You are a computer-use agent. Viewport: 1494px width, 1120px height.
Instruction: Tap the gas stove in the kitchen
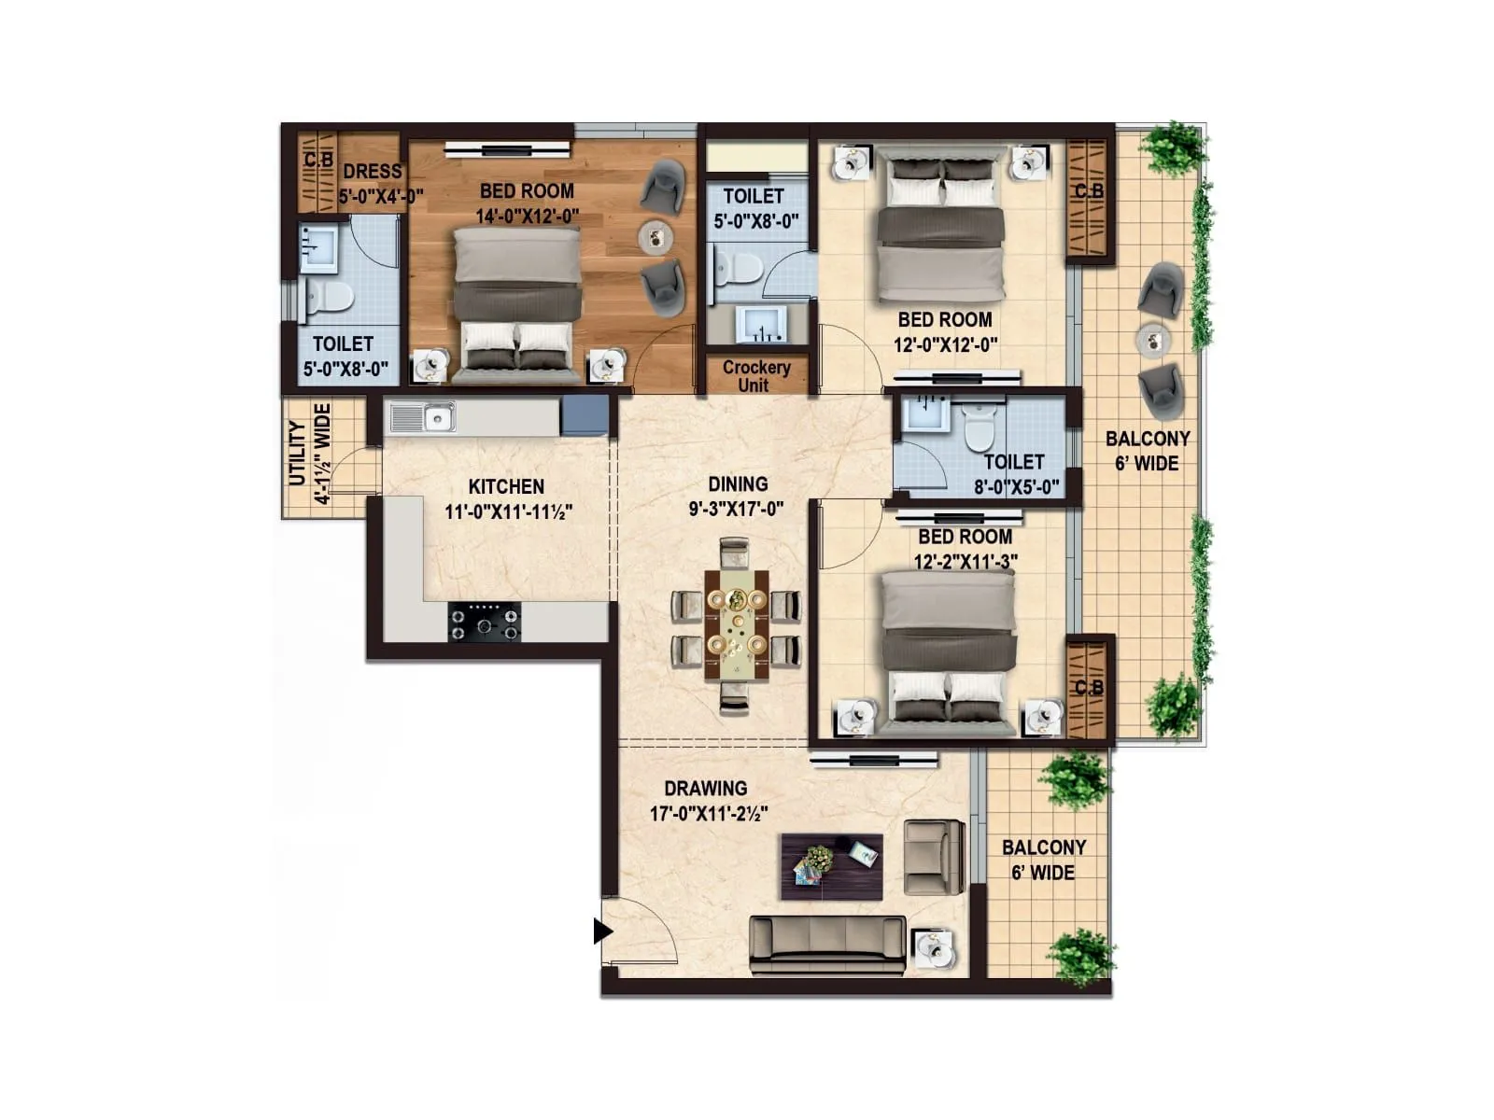coord(484,621)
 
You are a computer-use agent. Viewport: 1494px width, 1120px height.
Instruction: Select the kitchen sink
coord(422,417)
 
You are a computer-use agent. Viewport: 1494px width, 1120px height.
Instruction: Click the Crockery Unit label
coord(756,376)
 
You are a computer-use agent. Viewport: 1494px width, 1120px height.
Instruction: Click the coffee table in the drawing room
coord(831,866)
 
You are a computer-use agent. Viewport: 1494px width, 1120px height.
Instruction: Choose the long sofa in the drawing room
coord(827,945)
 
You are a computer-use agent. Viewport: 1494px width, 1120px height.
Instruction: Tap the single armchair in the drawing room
coord(934,857)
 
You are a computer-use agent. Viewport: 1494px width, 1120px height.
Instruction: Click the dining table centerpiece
coord(738,621)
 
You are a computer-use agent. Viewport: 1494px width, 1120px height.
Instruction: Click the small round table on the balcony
coord(1154,341)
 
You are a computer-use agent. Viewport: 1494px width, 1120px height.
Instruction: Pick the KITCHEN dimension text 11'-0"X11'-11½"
coord(508,511)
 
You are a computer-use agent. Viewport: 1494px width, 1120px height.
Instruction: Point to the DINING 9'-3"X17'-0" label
coord(737,496)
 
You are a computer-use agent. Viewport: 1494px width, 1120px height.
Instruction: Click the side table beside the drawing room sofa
coord(933,950)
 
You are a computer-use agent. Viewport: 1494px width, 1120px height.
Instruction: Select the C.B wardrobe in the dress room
coord(317,174)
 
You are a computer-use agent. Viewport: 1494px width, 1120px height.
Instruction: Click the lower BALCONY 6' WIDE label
coord(1044,860)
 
